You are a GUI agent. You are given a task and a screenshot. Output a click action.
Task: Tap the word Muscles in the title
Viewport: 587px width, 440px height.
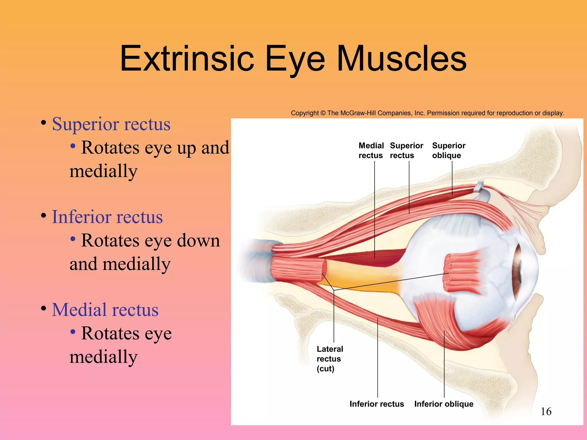[402, 59]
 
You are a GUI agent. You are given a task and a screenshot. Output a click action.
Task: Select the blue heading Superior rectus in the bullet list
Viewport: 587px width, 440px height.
[111, 124]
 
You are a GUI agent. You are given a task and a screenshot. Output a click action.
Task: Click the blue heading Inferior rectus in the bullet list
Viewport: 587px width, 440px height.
[107, 217]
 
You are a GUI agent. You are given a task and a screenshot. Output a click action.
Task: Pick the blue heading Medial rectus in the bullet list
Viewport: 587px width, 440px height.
[105, 310]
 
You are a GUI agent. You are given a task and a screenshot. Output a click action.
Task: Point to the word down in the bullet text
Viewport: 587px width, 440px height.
[198, 241]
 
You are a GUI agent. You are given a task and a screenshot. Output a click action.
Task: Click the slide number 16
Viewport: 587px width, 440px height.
[546, 412]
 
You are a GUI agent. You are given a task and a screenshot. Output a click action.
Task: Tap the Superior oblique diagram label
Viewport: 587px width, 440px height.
[449, 150]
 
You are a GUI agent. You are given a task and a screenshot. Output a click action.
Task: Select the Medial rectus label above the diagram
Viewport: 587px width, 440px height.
[371, 150]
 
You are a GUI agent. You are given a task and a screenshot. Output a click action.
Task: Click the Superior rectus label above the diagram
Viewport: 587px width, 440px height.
[406, 150]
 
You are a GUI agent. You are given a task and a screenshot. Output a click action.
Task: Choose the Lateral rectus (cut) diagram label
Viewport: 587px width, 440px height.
[329, 359]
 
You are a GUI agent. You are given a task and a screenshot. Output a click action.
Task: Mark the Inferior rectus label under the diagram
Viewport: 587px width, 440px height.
[377, 404]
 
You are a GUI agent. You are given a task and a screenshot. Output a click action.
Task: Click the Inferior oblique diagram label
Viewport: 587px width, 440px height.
[444, 404]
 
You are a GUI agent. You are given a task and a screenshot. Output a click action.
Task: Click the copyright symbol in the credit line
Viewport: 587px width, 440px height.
[323, 113]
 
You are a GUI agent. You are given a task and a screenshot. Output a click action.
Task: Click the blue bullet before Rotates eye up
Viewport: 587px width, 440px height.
[73, 146]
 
